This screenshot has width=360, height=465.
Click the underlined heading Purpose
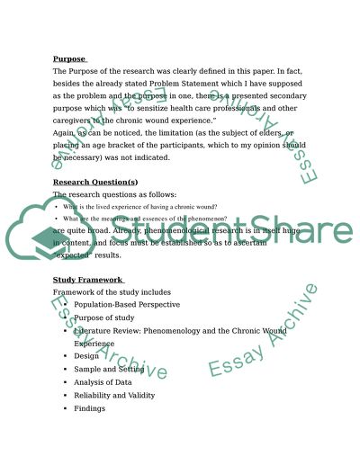[x=70, y=59]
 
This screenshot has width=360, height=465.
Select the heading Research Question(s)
[x=95, y=182]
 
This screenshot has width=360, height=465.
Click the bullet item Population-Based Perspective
[x=126, y=306]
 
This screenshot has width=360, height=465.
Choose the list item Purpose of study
[x=105, y=318]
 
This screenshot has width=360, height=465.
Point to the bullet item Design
[x=87, y=356]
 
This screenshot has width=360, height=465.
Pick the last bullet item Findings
[x=90, y=407]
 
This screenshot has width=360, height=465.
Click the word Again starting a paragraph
[x=66, y=131]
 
